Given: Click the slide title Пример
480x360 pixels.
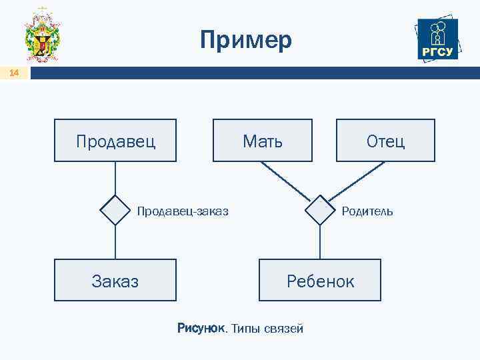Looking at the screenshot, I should point(246,41).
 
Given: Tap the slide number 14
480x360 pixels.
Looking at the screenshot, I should point(15,74).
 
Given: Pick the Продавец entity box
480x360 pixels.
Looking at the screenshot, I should point(115,141).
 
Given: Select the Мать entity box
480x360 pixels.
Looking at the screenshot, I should point(262,141).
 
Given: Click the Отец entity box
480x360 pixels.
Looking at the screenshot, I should point(385,141).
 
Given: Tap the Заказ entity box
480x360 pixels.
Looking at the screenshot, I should point(115,280).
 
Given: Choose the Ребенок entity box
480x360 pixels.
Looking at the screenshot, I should point(320,280).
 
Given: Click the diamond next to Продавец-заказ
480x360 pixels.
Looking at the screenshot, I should point(115,211).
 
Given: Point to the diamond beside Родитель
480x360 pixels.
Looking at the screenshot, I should point(320,211).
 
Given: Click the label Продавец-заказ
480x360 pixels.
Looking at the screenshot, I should point(183,211).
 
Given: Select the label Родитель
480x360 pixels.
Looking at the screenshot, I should point(367,211).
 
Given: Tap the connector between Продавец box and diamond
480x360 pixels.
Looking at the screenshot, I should point(115,178).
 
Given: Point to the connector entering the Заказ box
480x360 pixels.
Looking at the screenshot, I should point(115,243).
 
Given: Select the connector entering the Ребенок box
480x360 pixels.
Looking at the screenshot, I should point(320,243).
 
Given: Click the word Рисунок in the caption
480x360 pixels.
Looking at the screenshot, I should point(201,328).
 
